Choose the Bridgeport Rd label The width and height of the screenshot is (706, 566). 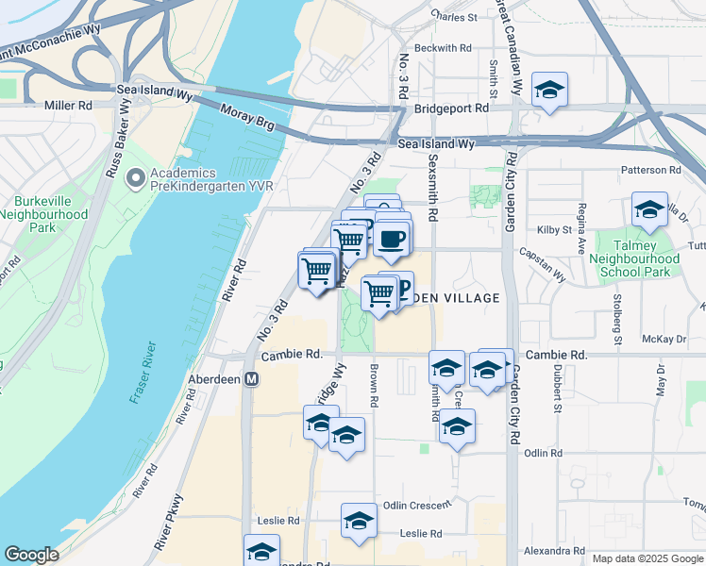(455, 108)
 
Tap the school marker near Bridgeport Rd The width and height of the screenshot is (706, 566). (549, 91)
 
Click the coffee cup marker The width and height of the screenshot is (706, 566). (393, 238)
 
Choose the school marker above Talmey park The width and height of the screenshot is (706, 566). (649, 211)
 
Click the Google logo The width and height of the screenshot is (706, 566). (32, 556)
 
